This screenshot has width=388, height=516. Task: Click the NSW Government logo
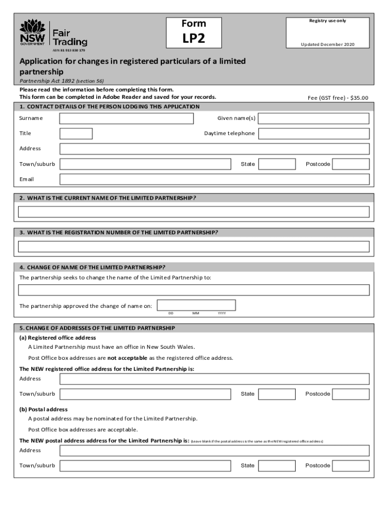tap(32, 33)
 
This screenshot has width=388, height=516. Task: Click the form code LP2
tap(193, 39)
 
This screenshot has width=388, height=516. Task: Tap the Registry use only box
tap(328, 32)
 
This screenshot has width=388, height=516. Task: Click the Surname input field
tap(126, 118)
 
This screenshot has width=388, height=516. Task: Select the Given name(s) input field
tap(314, 118)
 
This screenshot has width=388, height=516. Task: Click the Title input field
tap(76, 134)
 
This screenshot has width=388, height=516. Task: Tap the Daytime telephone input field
tap(314, 134)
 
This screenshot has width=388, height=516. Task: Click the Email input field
tap(214, 179)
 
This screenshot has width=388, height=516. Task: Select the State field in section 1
tap(277, 164)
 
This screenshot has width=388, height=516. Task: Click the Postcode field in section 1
tap(351, 164)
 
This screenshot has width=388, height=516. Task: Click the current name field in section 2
tap(193, 212)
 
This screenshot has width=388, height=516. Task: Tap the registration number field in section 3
tap(193, 246)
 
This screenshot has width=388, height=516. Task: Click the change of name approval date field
tap(197, 305)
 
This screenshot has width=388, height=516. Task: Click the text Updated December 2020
tap(328, 44)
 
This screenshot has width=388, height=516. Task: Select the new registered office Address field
tap(214, 379)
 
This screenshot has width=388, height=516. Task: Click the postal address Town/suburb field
tap(146, 466)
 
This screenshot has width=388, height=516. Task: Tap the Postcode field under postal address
tap(351, 466)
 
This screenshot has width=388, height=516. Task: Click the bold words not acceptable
tap(127, 358)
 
